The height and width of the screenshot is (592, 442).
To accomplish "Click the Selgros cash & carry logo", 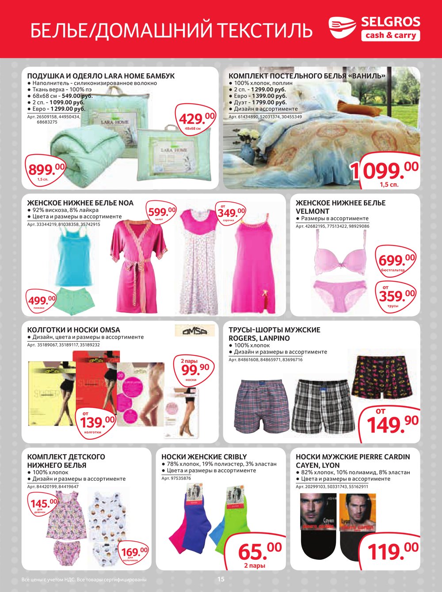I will coord(374,28).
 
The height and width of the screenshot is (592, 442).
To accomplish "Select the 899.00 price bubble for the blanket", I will coord(46,170).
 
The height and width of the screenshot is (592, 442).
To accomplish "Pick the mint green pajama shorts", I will coord(76,300).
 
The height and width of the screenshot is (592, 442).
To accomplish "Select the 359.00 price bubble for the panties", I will coord(396,295).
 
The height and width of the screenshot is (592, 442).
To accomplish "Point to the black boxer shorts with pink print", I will coord(382,376).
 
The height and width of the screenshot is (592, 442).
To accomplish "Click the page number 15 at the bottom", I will coord(221,579).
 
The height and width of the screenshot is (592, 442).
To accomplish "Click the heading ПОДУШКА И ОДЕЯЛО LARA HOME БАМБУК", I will coord(101,76).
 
